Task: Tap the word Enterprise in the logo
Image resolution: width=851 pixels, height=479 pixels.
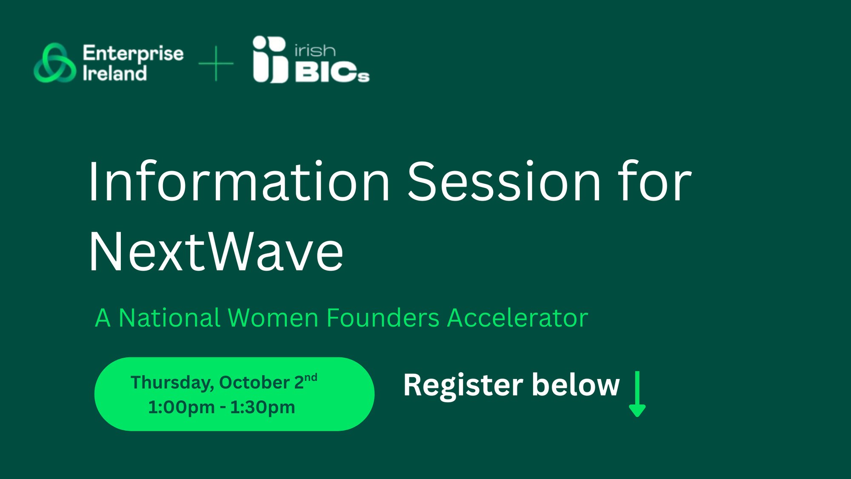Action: pos(133,54)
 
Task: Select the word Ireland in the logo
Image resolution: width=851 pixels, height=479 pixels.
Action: pos(114,73)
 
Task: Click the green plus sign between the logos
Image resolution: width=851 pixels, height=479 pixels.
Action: pos(216,63)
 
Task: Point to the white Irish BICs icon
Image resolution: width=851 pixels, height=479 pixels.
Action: pos(270,59)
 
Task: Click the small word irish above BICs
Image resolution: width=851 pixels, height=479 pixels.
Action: pos(315,51)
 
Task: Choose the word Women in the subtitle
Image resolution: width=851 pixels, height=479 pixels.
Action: pos(273,318)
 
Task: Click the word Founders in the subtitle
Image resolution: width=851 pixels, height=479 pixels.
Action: pos(383,318)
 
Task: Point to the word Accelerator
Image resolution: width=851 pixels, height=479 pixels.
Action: pos(517,318)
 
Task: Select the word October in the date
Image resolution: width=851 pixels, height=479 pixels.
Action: pos(254,382)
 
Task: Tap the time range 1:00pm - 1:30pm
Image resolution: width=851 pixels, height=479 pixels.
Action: pos(222,407)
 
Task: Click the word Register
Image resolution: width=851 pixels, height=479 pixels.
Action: pos(463,385)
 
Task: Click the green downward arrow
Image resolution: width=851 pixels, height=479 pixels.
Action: pos(637,394)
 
